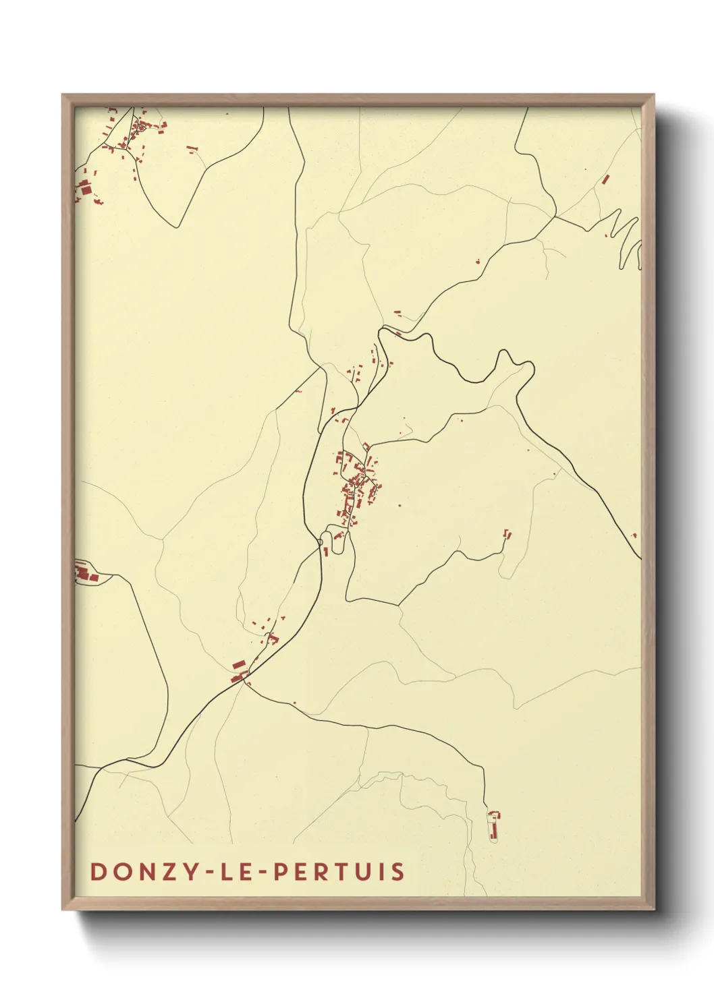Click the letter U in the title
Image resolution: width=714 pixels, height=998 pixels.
pos(360,871)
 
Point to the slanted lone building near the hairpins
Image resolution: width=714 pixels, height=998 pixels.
pos(605,179)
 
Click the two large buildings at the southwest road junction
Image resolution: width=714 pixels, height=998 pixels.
pos(238,672)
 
